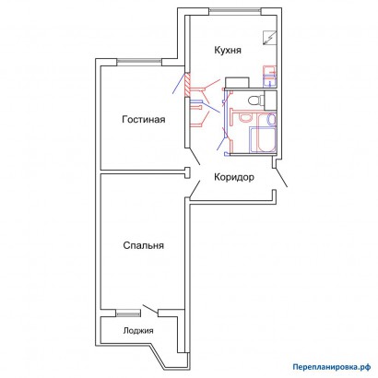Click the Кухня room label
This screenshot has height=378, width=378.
[228, 50]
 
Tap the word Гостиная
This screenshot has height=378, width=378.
[144, 119]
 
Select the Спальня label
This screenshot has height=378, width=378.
[144, 245]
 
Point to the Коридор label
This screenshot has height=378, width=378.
[234, 177]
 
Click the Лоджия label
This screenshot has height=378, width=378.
[138, 331]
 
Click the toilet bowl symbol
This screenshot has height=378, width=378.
[254, 100]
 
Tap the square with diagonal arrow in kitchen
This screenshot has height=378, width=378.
[270, 38]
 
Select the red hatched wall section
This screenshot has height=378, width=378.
[187, 84]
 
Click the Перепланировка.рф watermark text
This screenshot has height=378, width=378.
[331, 367]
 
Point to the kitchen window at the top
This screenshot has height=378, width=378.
[235, 11]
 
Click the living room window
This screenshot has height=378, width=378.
[139, 63]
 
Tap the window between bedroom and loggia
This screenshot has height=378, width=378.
[127, 313]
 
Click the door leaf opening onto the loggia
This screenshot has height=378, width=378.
[150, 309]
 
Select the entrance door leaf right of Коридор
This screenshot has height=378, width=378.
[281, 177]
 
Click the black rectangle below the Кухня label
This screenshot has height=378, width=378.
[237, 82]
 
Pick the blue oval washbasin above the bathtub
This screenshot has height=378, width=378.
[271, 119]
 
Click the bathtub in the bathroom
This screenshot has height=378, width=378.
[263, 140]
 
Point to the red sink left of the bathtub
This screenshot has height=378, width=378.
[245, 118]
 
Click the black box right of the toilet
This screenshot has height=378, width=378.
[271, 100]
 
